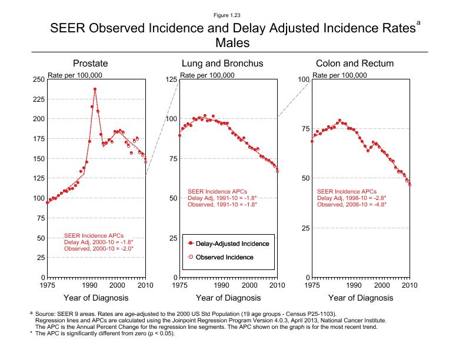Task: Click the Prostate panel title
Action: coord(89,64)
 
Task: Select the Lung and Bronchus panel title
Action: coord(222,64)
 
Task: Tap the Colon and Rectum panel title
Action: coord(355,64)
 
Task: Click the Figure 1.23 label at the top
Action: coord(232,15)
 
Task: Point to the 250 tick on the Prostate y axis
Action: coord(38,79)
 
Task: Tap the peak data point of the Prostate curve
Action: coord(95,89)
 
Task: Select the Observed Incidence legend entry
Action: coord(224,257)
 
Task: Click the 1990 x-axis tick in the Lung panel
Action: coord(221,285)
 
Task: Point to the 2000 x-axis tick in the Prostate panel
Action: coord(117,285)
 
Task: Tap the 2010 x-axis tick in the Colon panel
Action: coord(410,285)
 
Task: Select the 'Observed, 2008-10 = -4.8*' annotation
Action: coord(353,205)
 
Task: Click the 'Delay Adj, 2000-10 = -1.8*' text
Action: coord(98,242)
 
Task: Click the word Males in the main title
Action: coord(232,43)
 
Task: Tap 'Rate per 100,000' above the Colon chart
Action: coord(340,75)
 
